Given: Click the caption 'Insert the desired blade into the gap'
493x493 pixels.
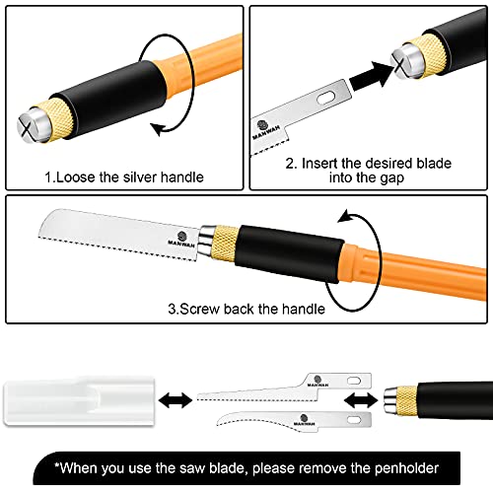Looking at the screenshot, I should tap(367, 171).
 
